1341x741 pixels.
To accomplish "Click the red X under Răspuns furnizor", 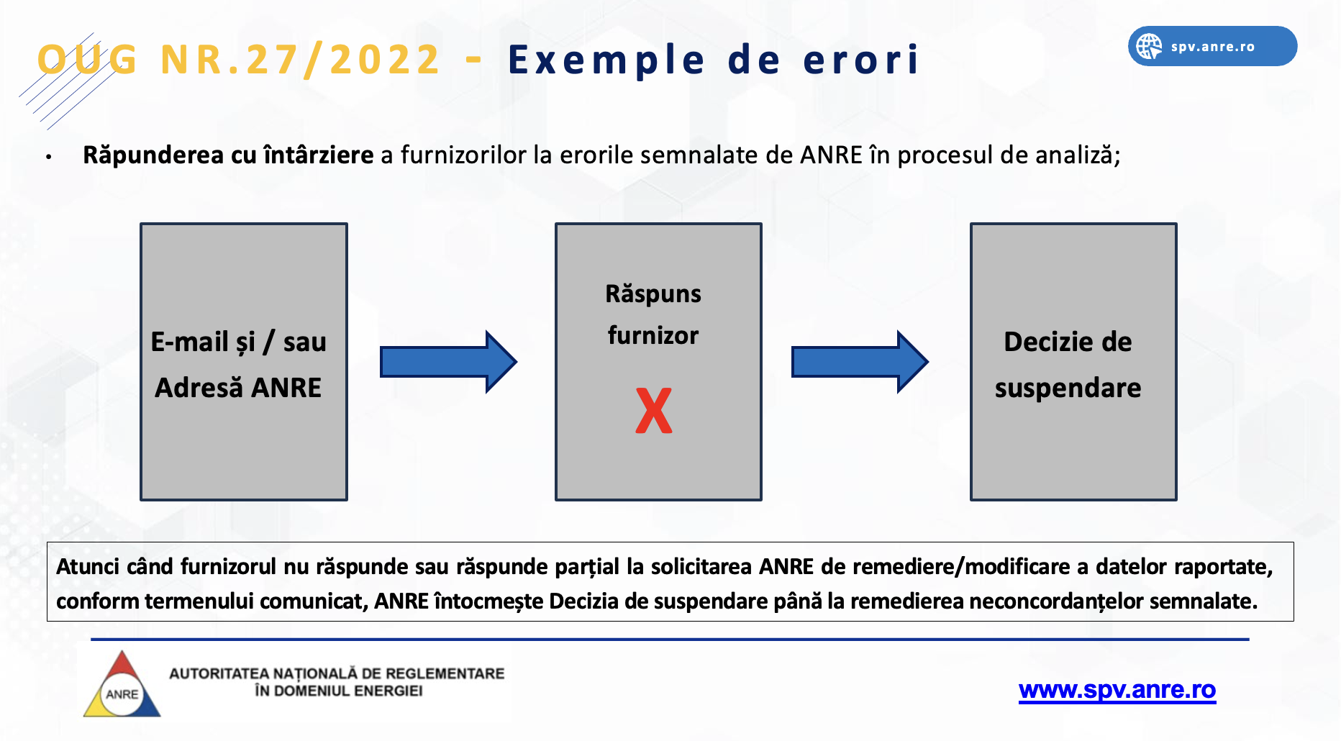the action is point(654,411).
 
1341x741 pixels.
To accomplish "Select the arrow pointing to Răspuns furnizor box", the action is point(448,362).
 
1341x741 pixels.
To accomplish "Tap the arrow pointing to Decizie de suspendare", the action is point(860,362).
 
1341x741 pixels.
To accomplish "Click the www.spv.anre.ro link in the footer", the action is point(1117,690).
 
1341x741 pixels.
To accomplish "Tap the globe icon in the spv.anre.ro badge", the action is point(1149,47).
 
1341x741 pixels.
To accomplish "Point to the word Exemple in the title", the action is point(606,60).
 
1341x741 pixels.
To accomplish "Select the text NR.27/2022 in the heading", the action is point(300,60).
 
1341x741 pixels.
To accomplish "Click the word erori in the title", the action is point(861,60).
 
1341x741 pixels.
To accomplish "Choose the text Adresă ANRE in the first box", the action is point(238,388).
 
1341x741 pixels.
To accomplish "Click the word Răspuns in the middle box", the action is point(653,294).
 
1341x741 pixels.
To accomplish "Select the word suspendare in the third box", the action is point(1068,388).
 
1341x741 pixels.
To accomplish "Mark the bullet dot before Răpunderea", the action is point(49,156).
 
